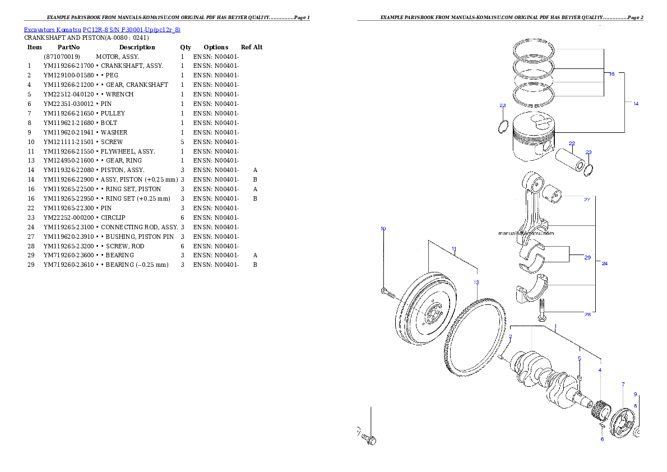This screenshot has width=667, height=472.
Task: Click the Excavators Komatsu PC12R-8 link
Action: click(x=101, y=29)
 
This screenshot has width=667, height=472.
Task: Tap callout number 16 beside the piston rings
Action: click(x=612, y=74)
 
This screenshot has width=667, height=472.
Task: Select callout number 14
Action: click(x=636, y=104)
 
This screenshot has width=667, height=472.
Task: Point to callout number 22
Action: click(x=572, y=144)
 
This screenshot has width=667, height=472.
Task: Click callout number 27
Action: click(x=587, y=200)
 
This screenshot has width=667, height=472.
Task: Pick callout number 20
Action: click(x=587, y=258)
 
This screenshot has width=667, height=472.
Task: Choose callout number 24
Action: click(x=605, y=263)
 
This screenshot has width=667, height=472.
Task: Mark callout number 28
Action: click(x=587, y=314)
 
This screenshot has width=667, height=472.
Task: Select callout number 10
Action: click(x=383, y=229)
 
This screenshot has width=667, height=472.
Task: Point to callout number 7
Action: click(x=623, y=384)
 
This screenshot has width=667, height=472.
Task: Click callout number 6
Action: click(x=603, y=439)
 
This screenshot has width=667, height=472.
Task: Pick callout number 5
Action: click(x=580, y=358)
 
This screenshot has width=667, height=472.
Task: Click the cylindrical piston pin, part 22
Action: click(x=569, y=160)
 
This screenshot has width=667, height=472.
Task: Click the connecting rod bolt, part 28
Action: click(x=542, y=310)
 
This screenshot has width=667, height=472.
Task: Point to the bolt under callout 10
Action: click(x=387, y=292)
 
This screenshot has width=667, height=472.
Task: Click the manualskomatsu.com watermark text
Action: click(x=525, y=233)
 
